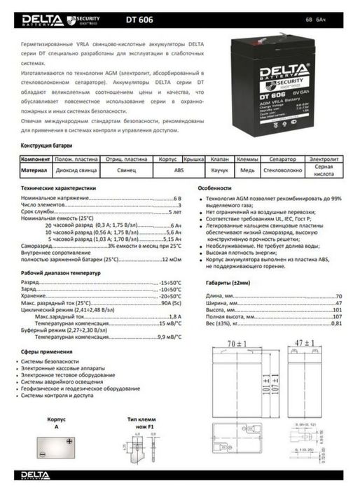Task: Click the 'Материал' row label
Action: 34,169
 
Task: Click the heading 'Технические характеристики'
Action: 57,189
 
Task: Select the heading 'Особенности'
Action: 214,189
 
